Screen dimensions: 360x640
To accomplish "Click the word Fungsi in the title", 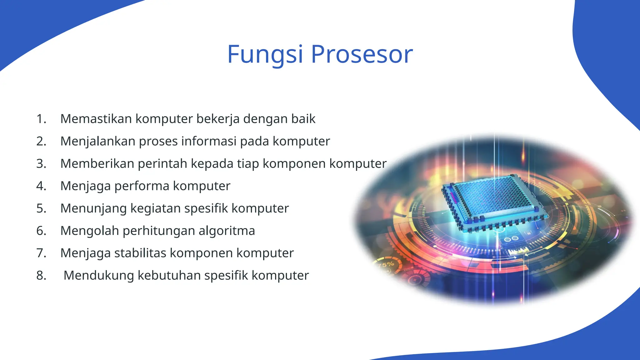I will [x=265, y=55].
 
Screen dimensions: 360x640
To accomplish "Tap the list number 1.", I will [x=41, y=119].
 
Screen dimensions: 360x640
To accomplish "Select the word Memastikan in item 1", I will [x=96, y=119].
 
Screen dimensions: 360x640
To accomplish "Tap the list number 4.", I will [x=41, y=186].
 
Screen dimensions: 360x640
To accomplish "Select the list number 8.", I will [x=41, y=276].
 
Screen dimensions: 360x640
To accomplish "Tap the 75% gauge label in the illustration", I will [x=386, y=265].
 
